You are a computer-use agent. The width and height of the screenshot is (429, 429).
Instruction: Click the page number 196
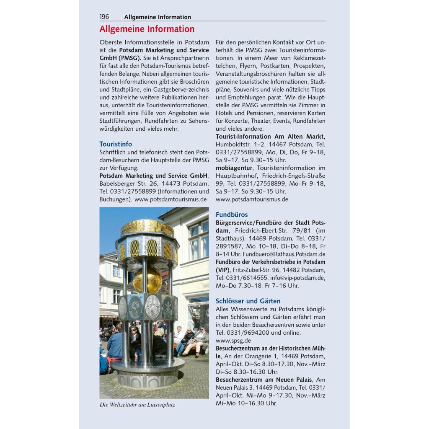point(104,17)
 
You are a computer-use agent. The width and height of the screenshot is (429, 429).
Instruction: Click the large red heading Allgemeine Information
point(147,29)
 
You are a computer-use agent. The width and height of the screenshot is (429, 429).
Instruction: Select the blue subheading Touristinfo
point(116,144)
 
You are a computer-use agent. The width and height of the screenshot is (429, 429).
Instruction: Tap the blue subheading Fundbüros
point(232,214)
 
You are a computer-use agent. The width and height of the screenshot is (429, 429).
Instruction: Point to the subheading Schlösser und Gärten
point(248,301)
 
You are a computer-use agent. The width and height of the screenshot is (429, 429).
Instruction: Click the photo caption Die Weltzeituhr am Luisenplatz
point(137,405)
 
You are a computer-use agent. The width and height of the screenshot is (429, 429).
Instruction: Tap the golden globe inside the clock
point(147,280)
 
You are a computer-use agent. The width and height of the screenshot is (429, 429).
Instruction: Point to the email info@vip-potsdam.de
point(297,278)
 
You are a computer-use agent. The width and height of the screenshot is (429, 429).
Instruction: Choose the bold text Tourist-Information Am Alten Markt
point(269,137)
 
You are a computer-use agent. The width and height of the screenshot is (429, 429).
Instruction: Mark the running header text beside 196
point(158,17)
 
